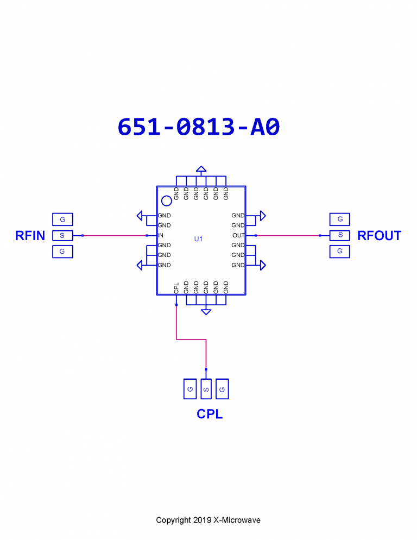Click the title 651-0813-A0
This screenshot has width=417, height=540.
pyautogui.click(x=199, y=127)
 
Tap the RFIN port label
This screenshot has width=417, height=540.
pyautogui.click(x=30, y=236)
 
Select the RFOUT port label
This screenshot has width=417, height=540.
pyautogui.click(x=379, y=236)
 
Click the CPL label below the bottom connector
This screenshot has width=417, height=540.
pyautogui.click(x=210, y=414)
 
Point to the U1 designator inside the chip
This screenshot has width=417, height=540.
pyautogui.click(x=199, y=239)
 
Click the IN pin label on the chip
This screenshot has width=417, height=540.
pyautogui.click(x=160, y=235)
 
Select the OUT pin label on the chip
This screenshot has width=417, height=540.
pyautogui.click(x=238, y=235)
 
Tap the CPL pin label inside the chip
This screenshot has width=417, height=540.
pyautogui.click(x=176, y=288)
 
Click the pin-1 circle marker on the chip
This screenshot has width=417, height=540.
pyautogui.click(x=167, y=200)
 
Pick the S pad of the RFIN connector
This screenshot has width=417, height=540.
pyautogui.click(x=62, y=236)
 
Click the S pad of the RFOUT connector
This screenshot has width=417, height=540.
pyautogui.click(x=340, y=235)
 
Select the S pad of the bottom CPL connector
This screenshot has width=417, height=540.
pyautogui.click(x=206, y=389)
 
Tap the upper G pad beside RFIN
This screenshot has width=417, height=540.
pyautogui.click(x=62, y=219)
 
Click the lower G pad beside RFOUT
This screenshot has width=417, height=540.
pyautogui.click(x=340, y=252)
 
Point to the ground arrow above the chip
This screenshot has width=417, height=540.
pyautogui.click(x=201, y=169)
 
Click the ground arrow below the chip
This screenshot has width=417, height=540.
pyautogui.click(x=206, y=311)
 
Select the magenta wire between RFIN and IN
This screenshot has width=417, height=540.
pyautogui.click(x=114, y=236)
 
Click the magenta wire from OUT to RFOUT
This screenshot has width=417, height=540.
pyautogui.click(x=288, y=236)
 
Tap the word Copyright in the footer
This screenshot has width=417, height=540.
pyautogui.click(x=173, y=520)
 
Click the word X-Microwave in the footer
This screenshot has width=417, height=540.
pyautogui.click(x=237, y=520)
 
